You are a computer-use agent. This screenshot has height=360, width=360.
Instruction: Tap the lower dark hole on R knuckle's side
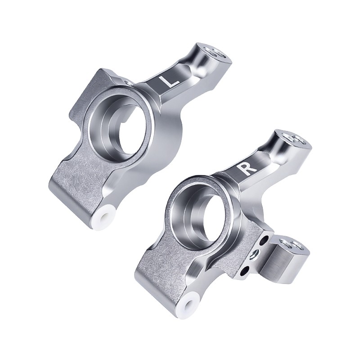[246, 271]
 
